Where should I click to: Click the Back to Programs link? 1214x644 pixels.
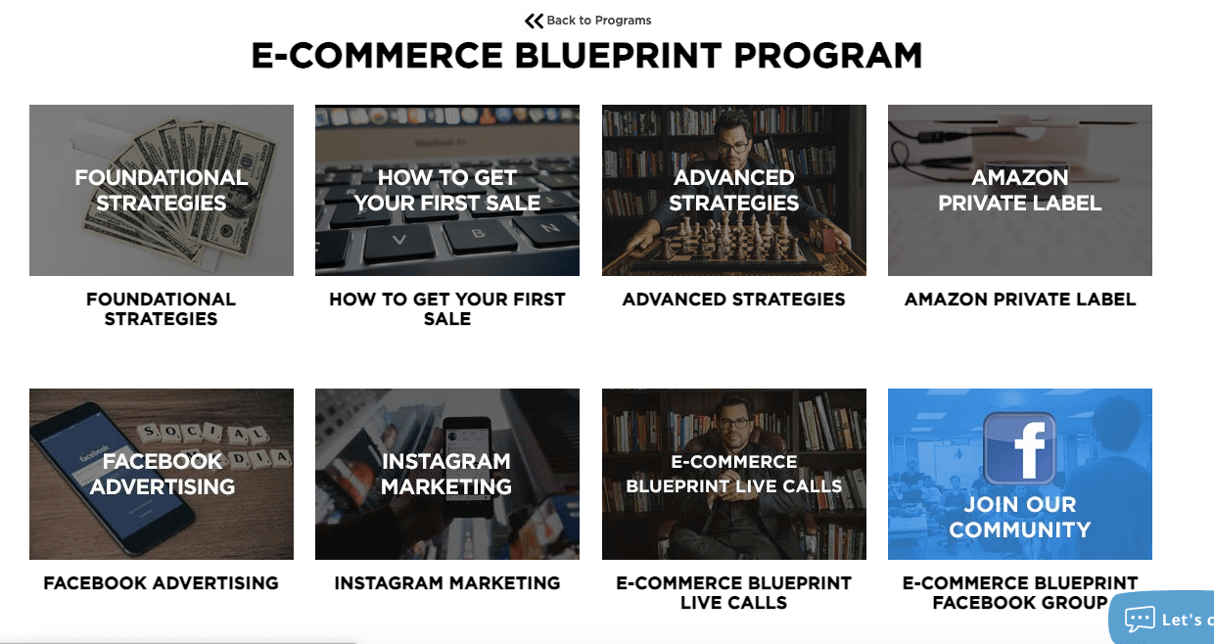pos(598,21)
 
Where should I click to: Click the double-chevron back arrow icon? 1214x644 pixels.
pos(534,21)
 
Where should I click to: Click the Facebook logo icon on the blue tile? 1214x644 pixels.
pos(1019,448)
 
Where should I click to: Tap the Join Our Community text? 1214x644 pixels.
pos(1019,517)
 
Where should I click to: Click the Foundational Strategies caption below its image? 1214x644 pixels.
pos(162,308)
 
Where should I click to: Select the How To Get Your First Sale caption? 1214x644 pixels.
pos(447,308)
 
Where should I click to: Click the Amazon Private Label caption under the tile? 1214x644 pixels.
pos(1020,299)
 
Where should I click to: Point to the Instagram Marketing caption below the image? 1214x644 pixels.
pos(447,583)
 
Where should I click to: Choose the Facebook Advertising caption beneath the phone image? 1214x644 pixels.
pos(162,583)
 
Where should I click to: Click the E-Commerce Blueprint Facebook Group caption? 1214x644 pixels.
pos(1020,592)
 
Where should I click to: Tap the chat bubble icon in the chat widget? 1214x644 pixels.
pos(1140,620)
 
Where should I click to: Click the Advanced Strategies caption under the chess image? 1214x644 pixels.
pos(734,299)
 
